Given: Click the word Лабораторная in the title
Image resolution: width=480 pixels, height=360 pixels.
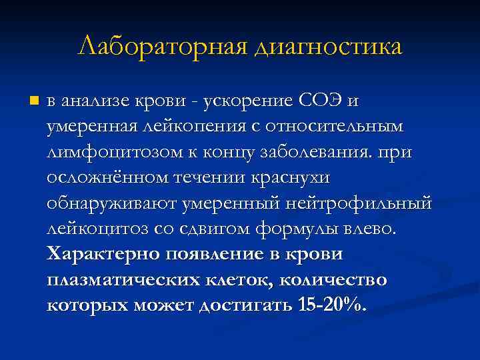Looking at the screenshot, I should (159, 47).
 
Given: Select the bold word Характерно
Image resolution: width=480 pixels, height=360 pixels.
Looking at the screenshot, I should (99, 254).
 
